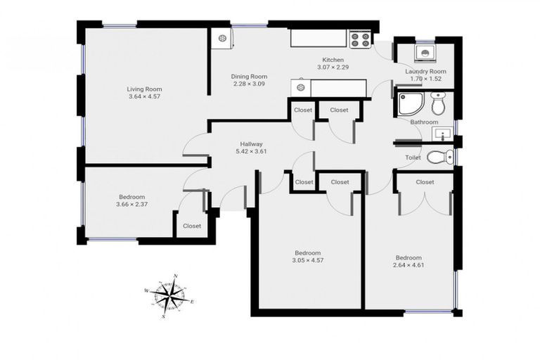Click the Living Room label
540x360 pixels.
(x=144, y=89)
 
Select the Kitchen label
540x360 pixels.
(x=333, y=60)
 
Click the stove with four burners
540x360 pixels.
(x=361, y=39)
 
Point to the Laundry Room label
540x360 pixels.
(x=425, y=72)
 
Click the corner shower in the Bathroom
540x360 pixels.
(x=411, y=103)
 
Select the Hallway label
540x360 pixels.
(x=251, y=144)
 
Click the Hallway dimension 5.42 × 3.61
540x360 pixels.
(x=251, y=152)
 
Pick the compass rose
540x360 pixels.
(x=169, y=296)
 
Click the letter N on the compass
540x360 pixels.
(x=176, y=276)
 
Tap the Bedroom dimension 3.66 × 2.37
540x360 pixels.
(x=131, y=205)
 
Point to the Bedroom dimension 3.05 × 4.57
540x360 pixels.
(x=307, y=261)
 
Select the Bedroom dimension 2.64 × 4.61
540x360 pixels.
(x=409, y=265)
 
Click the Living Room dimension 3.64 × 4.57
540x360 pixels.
(x=144, y=97)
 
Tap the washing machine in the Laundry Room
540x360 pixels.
(x=425, y=53)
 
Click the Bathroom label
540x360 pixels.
(x=424, y=122)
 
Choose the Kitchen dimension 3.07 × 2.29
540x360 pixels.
(x=333, y=67)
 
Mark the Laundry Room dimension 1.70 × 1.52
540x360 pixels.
(x=425, y=79)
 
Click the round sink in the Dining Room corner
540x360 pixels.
(x=223, y=39)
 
